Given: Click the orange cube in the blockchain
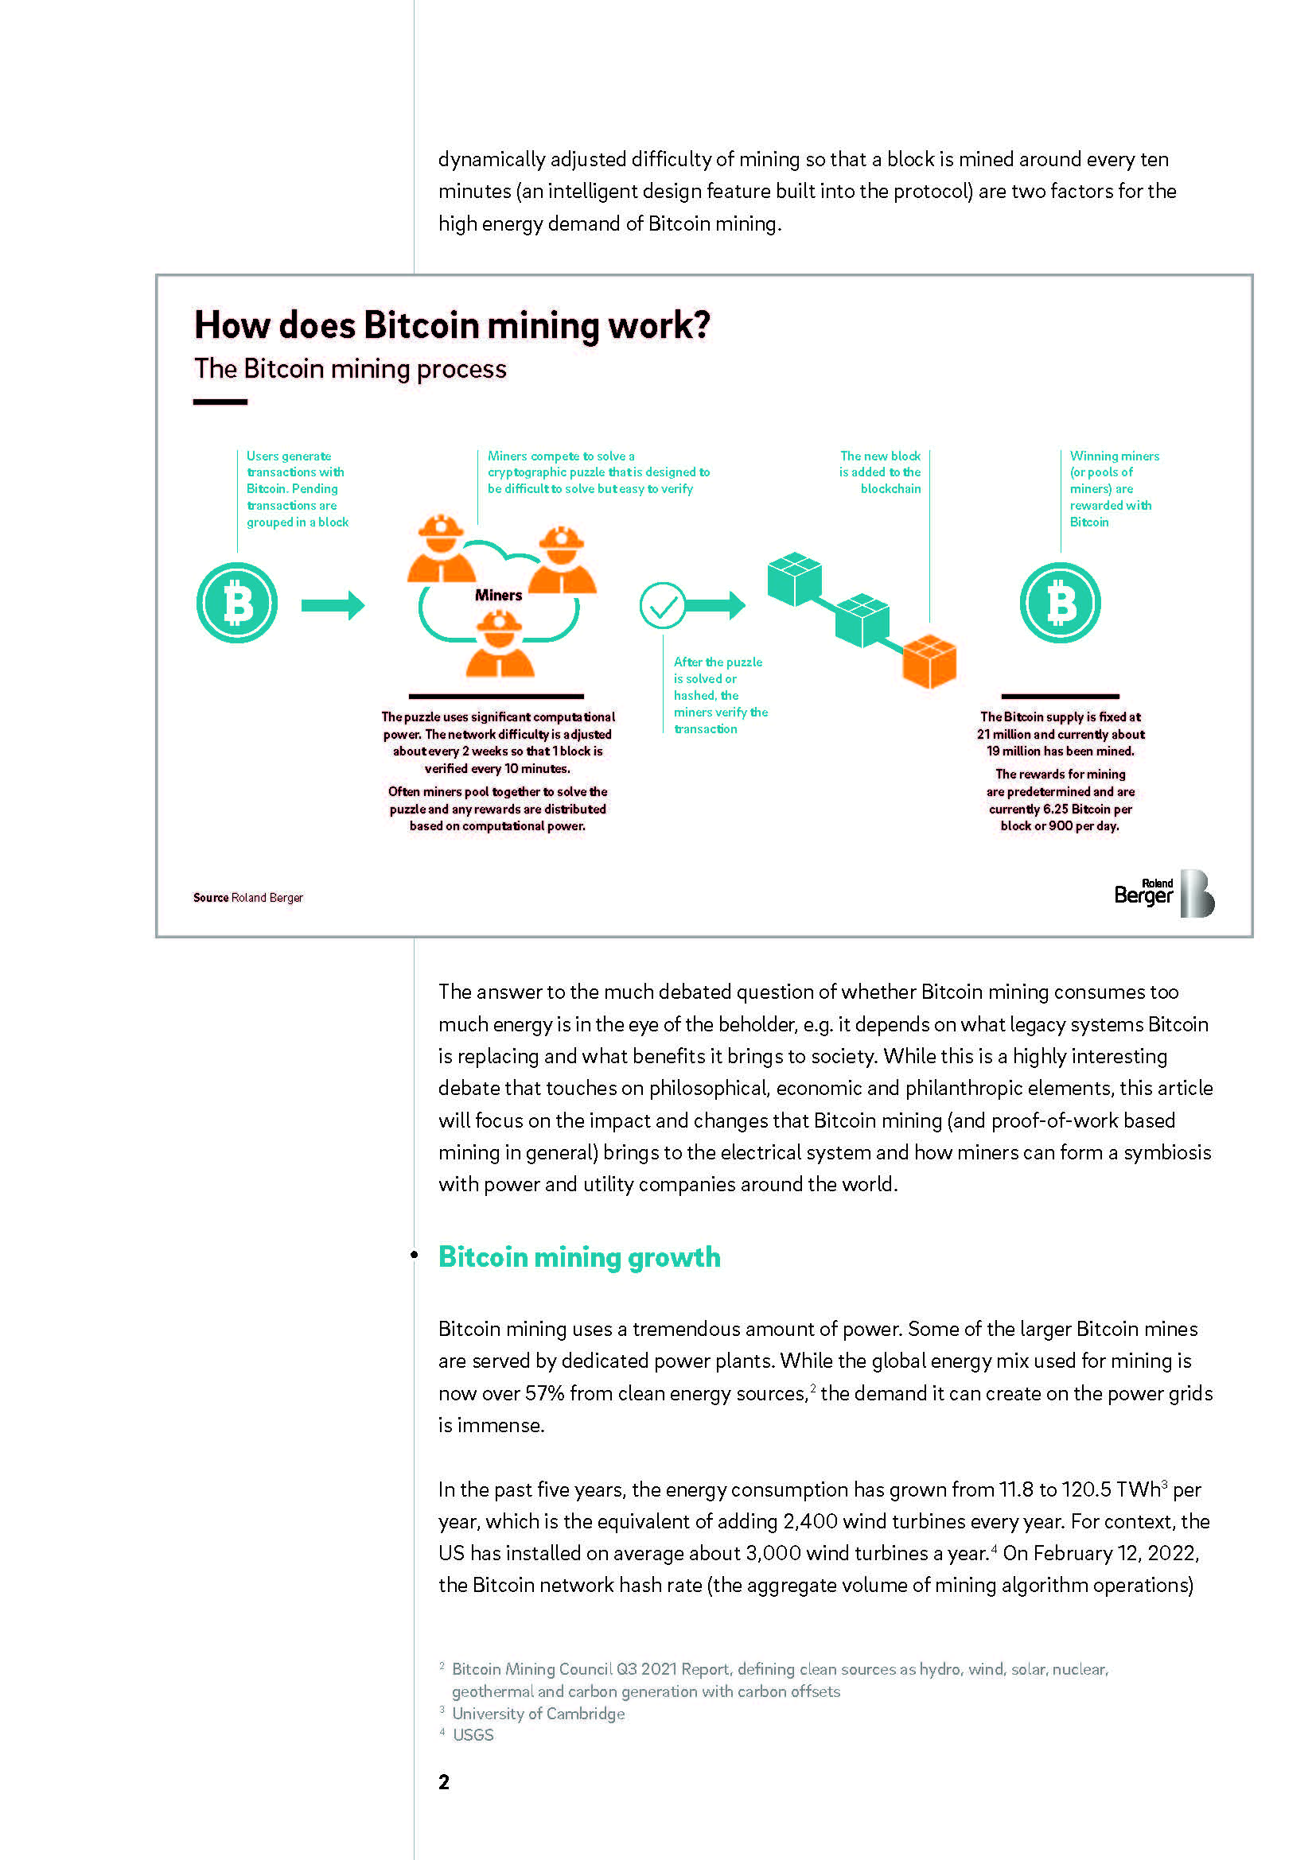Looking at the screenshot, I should pyautogui.click(x=929, y=661).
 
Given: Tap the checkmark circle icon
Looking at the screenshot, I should pyautogui.click(x=662, y=605).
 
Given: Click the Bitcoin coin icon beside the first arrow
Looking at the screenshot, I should pyautogui.click(x=236, y=603).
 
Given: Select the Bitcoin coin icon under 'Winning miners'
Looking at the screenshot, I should pyautogui.click(x=1059, y=603).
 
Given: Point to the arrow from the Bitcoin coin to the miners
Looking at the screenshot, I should pyautogui.click(x=333, y=605).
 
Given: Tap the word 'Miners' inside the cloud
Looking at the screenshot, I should pyautogui.click(x=498, y=595).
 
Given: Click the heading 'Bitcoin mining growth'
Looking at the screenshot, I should pyautogui.click(x=578, y=1256).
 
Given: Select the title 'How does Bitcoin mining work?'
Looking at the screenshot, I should pyautogui.click(x=451, y=325).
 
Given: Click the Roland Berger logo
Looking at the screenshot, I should pyautogui.click(x=1164, y=894).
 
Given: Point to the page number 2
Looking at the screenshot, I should pyautogui.click(x=443, y=1781).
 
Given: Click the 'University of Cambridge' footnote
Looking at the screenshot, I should pyautogui.click(x=538, y=1714).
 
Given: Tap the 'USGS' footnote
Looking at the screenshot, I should pyautogui.click(x=473, y=1734).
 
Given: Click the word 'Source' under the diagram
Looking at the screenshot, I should pyautogui.click(x=211, y=898).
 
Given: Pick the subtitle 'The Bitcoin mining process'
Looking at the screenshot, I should pyautogui.click(x=350, y=369).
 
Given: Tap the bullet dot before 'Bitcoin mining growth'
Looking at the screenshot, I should pyautogui.click(x=414, y=1255).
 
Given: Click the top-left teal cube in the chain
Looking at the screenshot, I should pyautogui.click(x=793, y=578).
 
